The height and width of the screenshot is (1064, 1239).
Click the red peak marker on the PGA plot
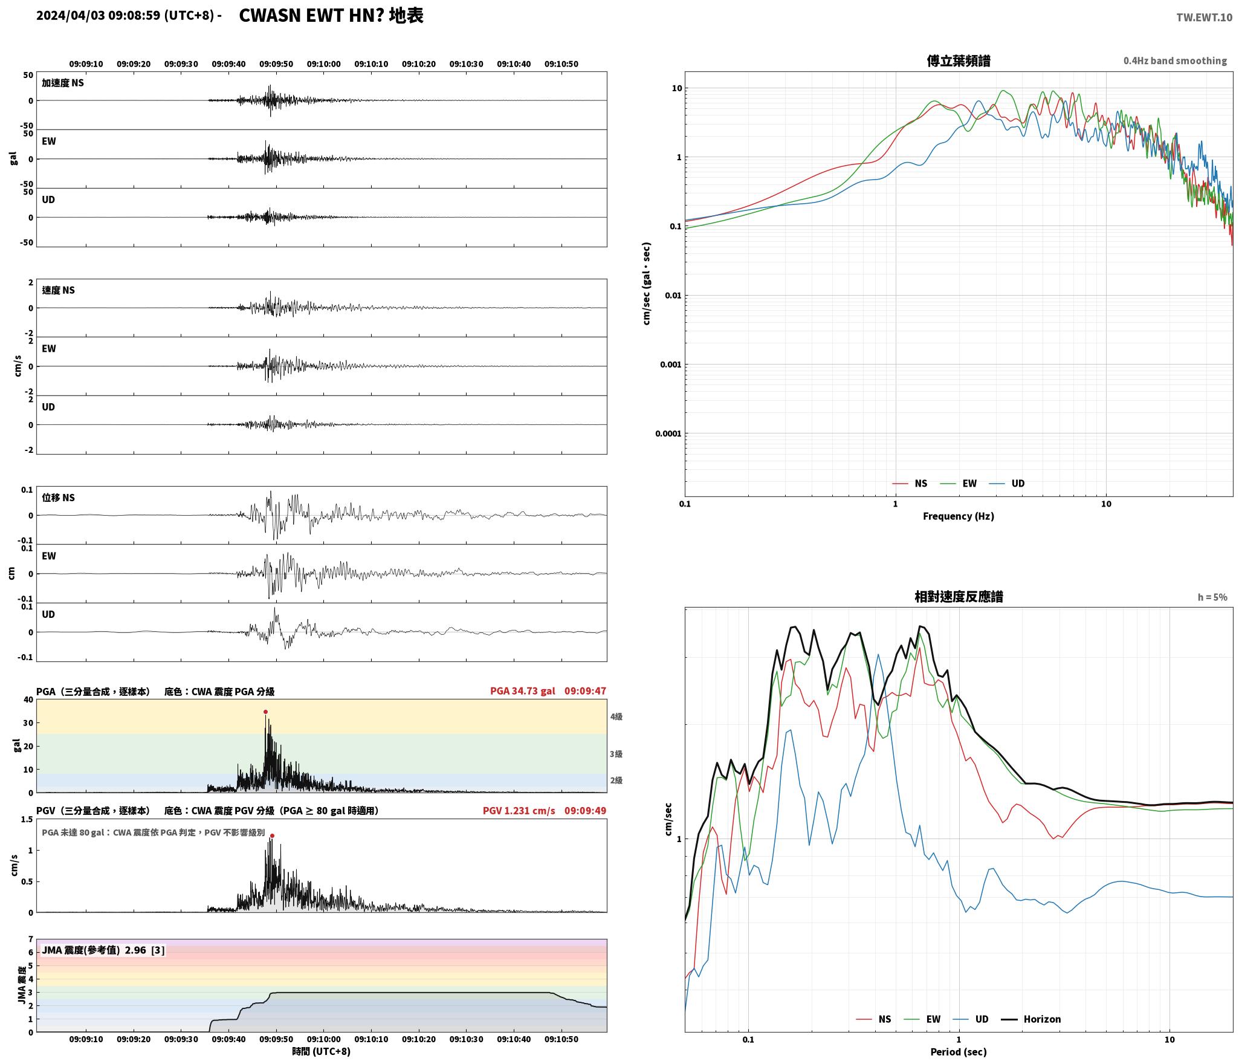click(265, 712)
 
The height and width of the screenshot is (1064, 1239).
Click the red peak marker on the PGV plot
click(272, 835)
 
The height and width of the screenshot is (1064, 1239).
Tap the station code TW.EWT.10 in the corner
click(1204, 17)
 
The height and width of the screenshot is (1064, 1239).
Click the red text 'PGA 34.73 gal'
click(522, 691)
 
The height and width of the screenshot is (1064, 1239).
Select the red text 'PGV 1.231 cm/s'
click(519, 810)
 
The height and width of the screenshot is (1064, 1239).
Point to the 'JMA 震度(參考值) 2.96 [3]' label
click(103, 950)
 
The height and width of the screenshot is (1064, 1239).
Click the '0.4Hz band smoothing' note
click(1175, 61)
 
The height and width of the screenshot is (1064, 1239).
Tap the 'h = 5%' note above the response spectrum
click(1212, 597)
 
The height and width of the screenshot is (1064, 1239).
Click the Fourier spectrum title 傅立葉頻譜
click(959, 60)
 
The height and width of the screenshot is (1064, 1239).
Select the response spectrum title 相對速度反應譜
click(959, 597)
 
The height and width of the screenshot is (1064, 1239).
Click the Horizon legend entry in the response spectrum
click(1031, 1019)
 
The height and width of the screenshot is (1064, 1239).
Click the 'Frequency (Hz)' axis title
click(959, 516)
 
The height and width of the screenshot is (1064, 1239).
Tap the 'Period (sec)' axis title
click(959, 1052)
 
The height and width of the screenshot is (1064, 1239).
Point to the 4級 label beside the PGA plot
click(616, 716)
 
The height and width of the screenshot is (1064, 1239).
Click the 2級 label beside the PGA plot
click(616, 780)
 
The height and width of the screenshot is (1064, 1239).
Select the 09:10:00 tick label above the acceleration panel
click(323, 64)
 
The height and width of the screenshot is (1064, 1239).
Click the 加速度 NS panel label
click(63, 83)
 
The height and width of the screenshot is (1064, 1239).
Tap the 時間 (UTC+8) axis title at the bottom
click(321, 1051)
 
